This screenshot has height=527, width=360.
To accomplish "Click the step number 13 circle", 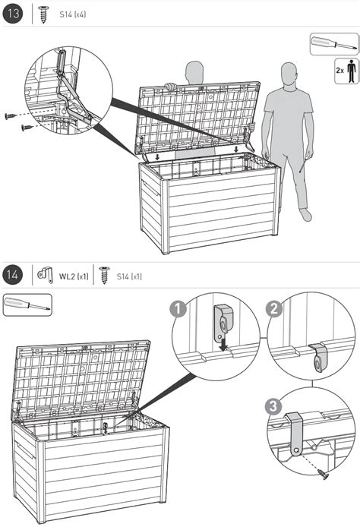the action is pyautogui.click(x=13, y=14).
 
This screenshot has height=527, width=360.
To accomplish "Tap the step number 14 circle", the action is pyautogui.click(x=13, y=275).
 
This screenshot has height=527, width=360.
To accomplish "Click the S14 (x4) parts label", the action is pyautogui.click(x=73, y=14).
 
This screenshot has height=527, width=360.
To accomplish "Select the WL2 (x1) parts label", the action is pyautogui.click(x=74, y=276).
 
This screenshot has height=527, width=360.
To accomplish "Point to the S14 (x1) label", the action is pyautogui.click(x=129, y=276).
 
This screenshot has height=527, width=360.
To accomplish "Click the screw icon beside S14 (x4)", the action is pyautogui.click(x=43, y=14).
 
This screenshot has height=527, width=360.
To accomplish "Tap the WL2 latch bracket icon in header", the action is pyautogui.click(x=46, y=275).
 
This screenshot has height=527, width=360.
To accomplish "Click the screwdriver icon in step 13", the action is pyautogui.click(x=333, y=44).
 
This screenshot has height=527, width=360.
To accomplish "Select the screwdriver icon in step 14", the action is pyautogui.click(x=27, y=305).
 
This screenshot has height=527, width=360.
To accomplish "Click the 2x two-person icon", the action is pyautogui.click(x=346, y=71).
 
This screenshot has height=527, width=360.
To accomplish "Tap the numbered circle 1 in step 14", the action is pyautogui.click(x=178, y=309).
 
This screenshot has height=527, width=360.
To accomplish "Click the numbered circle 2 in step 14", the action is pyautogui.click(x=274, y=309).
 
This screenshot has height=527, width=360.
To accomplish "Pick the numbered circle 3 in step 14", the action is pyautogui.click(x=273, y=406).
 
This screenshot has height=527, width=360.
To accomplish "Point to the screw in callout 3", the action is pyautogui.click(x=324, y=475).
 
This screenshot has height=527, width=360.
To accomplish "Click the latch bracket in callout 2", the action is pyautogui.click(x=318, y=357).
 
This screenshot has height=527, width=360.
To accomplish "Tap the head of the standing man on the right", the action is pyautogui.click(x=289, y=75).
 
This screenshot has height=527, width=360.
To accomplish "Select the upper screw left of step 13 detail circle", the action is pyautogui.click(x=11, y=116).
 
